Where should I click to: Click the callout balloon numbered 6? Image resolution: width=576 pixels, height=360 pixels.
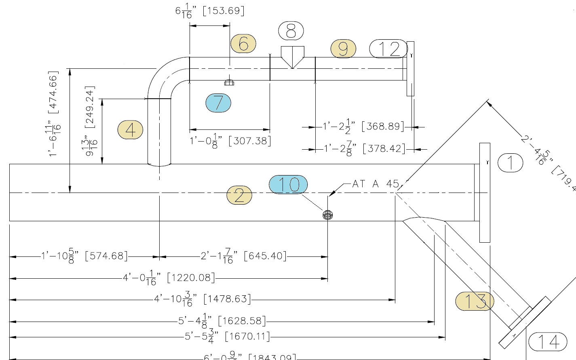(243, 44)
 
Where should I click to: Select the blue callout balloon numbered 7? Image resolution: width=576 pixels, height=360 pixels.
(218, 103)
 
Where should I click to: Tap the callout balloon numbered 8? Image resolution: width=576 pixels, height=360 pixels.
(291, 31)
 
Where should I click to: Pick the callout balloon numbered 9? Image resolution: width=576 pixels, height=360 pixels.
(343, 49)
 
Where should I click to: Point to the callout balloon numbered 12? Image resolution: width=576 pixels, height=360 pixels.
(388, 49)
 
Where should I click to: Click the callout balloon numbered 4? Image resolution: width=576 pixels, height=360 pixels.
(130, 130)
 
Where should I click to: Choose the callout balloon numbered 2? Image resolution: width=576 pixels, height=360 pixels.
(239, 195)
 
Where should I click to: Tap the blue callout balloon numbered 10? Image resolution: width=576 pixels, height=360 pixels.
(288, 184)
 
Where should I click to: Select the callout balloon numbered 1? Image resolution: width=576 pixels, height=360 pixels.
(510, 163)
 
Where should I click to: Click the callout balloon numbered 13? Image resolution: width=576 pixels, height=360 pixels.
(475, 301)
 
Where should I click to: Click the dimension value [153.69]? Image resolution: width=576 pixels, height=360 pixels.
(224, 11)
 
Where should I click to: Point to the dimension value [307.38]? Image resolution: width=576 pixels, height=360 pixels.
(250, 141)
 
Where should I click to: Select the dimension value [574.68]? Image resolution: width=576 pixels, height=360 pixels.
(106, 256)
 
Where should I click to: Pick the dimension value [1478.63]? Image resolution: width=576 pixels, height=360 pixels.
(227, 299)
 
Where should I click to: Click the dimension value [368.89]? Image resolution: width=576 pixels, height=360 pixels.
(383, 127)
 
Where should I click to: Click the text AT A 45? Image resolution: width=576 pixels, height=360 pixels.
(376, 184)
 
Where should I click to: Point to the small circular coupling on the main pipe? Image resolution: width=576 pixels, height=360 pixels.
(328, 215)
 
